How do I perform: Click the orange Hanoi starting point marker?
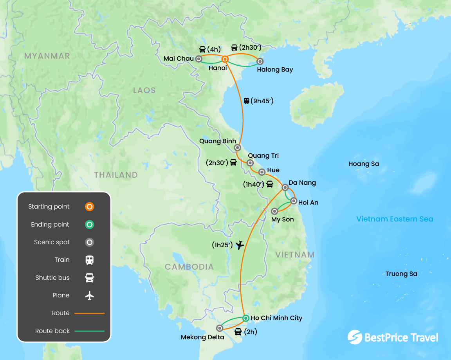225,59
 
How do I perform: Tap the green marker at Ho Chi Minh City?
245,318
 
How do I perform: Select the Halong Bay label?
275,70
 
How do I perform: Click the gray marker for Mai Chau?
198,59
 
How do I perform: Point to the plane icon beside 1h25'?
240,245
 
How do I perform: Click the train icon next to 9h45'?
246,101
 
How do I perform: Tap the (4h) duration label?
214,49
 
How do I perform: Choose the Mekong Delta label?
202,337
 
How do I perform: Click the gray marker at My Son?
275,211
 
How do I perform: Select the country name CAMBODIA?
189,267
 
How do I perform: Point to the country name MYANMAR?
47,56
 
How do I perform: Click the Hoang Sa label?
364,164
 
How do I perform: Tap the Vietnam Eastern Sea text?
395,219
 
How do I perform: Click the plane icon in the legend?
90,295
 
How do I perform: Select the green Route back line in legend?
90,331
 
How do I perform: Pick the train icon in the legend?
90,260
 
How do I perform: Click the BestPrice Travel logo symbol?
355,337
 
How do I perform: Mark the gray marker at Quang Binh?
237,148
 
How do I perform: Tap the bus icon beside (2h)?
238,332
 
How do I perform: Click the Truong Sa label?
401,274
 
